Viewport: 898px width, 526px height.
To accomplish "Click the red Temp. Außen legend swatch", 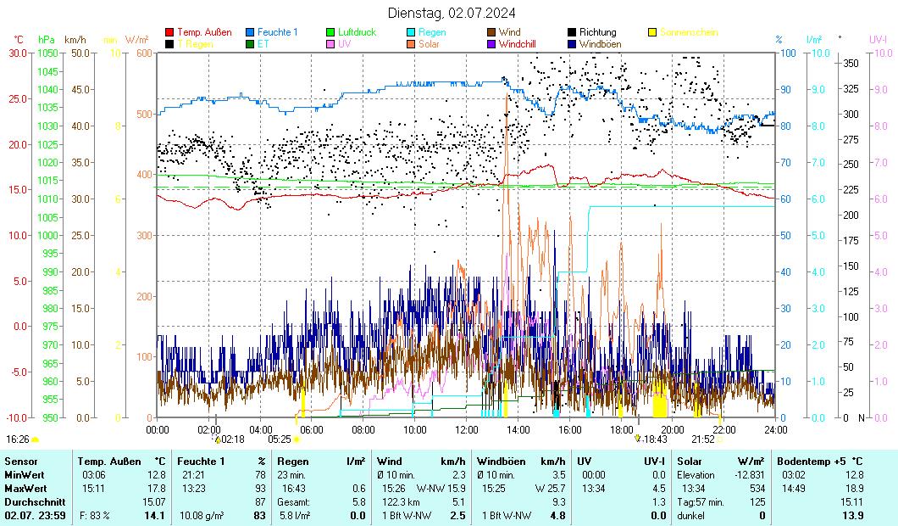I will point(170,32).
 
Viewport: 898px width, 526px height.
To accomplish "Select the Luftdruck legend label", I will point(358,32).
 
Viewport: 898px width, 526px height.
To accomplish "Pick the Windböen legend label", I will point(605,43).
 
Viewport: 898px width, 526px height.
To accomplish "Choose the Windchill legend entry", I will point(517,43).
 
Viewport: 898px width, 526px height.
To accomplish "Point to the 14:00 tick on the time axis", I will point(518,429).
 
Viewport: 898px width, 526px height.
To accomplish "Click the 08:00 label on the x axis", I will point(363,429).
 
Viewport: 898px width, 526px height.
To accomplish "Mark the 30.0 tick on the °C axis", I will point(18,53).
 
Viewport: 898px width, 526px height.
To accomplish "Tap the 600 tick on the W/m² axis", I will point(143,53).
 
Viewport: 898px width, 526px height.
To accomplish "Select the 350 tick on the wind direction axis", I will point(850,63).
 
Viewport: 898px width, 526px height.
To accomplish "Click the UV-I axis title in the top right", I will point(878,39).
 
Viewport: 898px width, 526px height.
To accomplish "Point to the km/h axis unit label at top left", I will point(75,39).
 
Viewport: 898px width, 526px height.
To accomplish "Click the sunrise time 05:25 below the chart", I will point(280,439).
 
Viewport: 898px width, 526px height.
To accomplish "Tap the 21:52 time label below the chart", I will point(703,439).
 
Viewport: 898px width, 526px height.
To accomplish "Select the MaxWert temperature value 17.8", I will point(156,488).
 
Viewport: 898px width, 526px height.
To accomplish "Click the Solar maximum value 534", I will point(757,488).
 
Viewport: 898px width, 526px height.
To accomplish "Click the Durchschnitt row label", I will point(35,501).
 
